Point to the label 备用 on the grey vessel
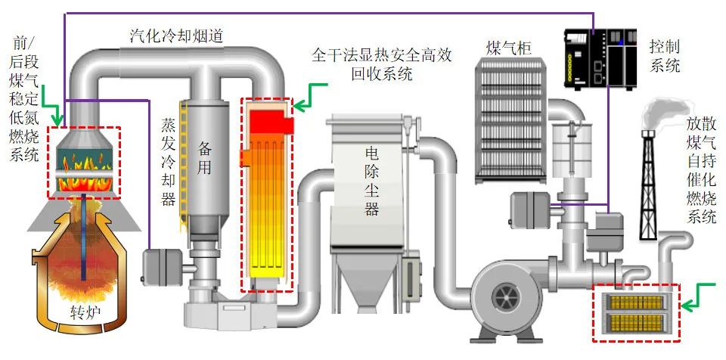tap(205, 157)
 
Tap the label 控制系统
tap(665, 57)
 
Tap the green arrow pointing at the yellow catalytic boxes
tap(699, 298)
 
